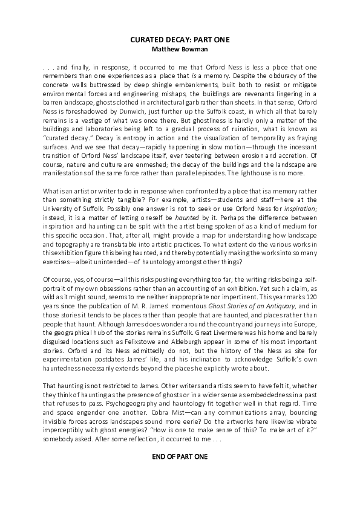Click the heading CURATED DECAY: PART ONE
coord(180,39)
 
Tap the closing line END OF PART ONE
coord(180,455)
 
